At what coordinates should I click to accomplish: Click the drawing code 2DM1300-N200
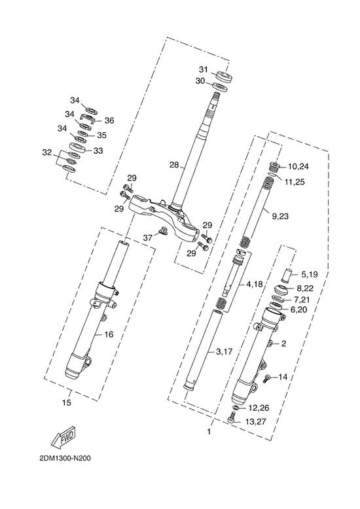[65, 458]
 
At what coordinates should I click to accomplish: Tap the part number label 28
[174, 165]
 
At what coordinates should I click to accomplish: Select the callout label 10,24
[298, 167]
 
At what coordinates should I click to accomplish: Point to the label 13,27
[256, 422]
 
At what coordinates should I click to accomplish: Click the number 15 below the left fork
[66, 403]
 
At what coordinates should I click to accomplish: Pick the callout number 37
[148, 238]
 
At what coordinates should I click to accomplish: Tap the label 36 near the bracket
[109, 120]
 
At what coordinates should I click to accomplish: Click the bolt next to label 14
[266, 378]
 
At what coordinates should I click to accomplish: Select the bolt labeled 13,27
[231, 417]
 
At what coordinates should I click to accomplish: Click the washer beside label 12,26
[236, 407]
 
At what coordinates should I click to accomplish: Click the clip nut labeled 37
[162, 231]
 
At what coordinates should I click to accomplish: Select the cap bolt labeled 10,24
[274, 167]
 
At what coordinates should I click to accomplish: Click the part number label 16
[109, 334]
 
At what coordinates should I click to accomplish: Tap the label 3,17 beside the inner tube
[225, 351]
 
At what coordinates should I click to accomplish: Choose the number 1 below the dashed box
[209, 432]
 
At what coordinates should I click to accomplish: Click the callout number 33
[98, 151]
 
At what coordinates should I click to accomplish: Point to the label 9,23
[279, 216]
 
